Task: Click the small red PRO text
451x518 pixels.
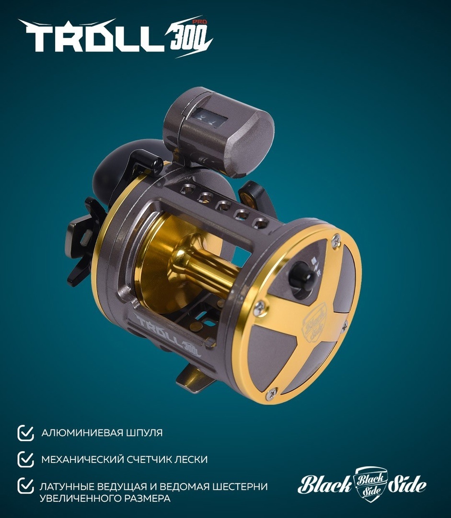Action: point(201,22)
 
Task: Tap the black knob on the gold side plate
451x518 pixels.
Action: point(301,276)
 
